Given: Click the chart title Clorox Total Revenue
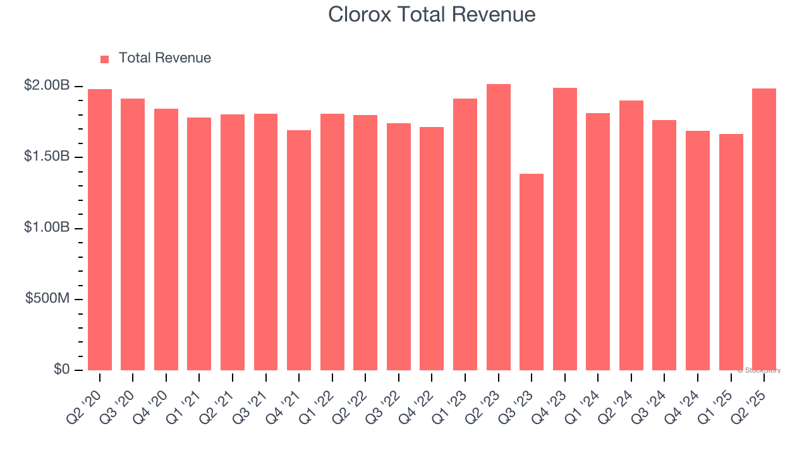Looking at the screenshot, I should pos(432,14).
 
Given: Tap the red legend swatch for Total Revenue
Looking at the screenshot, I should pos(104,59).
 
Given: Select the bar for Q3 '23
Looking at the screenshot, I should pos(532,272).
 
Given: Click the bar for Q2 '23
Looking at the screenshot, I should pos(498,227).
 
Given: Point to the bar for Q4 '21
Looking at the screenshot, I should pos(299,250).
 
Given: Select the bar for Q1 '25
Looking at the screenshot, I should pos(731,252).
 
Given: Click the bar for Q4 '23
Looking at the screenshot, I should pos(564,229).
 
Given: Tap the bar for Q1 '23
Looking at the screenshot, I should pos(465,234).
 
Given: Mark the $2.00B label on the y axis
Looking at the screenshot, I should pos(47,86).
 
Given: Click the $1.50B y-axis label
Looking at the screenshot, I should pos(47,157).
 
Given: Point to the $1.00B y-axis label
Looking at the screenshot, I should pos(47,227).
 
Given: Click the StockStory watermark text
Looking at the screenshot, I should pos(759,370).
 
